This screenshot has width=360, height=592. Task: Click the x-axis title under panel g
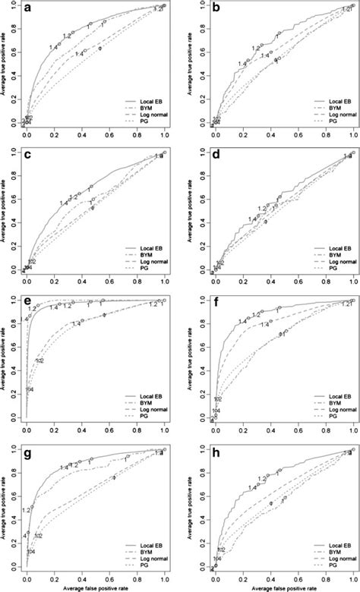tap(95, 587)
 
